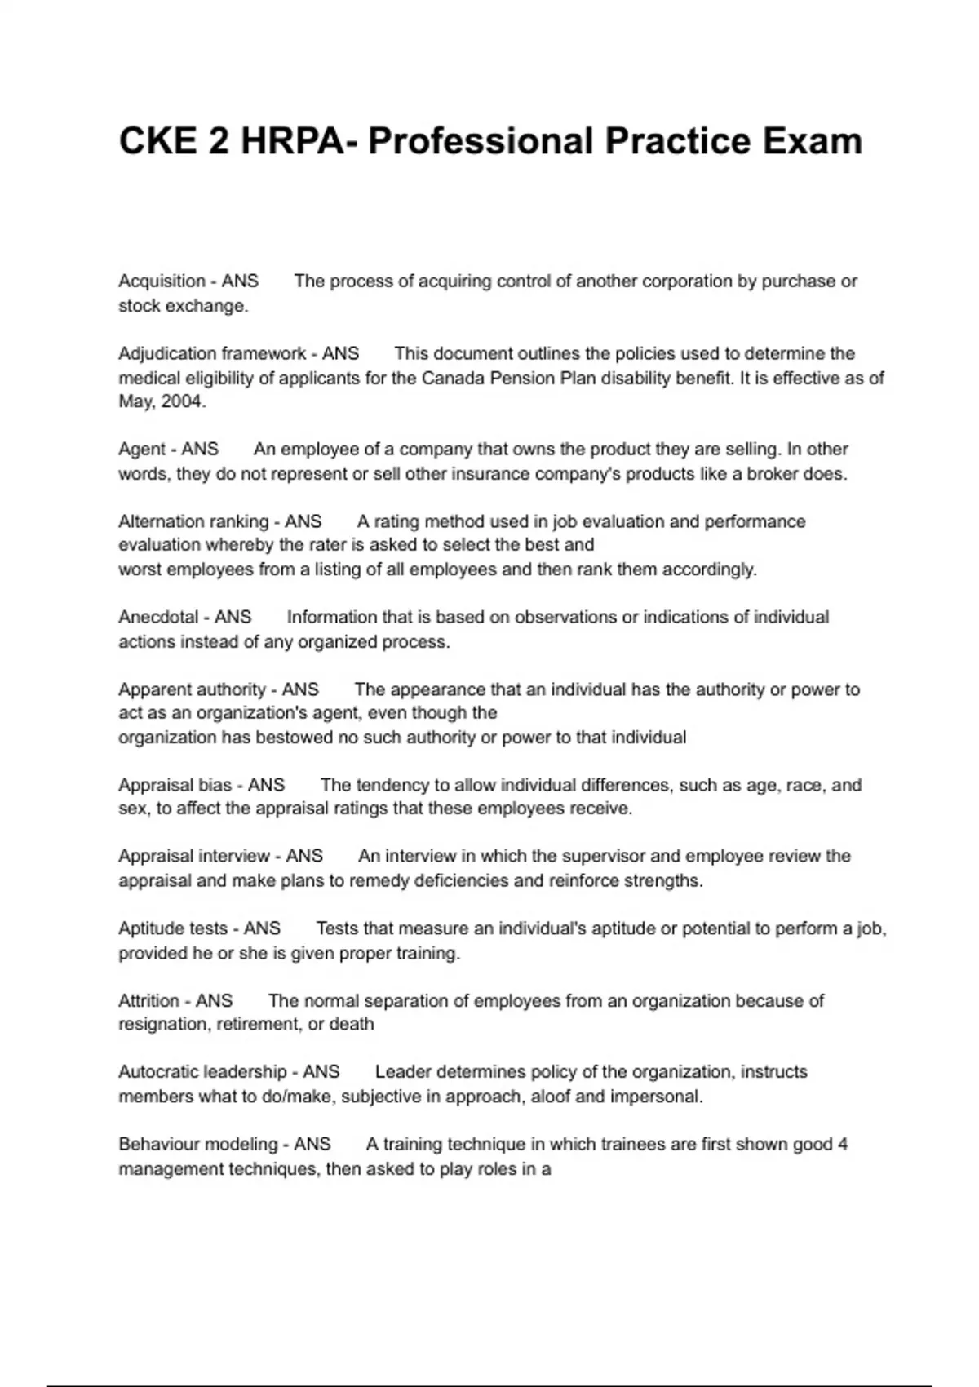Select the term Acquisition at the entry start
tap(162, 281)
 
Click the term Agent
tap(142, 450)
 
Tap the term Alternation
tap(161, 521)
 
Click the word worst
tap(140, 569)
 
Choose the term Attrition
tap(148, 1000)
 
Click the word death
tap(352, 1025)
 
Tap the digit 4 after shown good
tap(842, 1145)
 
